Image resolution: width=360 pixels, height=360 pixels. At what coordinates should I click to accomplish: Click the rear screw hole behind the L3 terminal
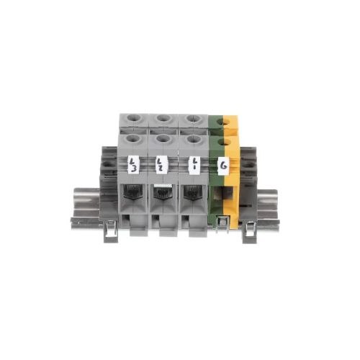pyautogui.click(x=135, y=118)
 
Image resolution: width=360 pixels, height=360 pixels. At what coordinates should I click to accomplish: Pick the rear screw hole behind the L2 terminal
pyautogui.click(x=164, y=118)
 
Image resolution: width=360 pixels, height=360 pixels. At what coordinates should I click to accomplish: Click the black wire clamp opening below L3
pyautogui.click(x=133, y=192)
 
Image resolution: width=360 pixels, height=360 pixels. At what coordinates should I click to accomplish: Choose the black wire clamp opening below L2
pyautogui.click(x=163, y=192)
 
